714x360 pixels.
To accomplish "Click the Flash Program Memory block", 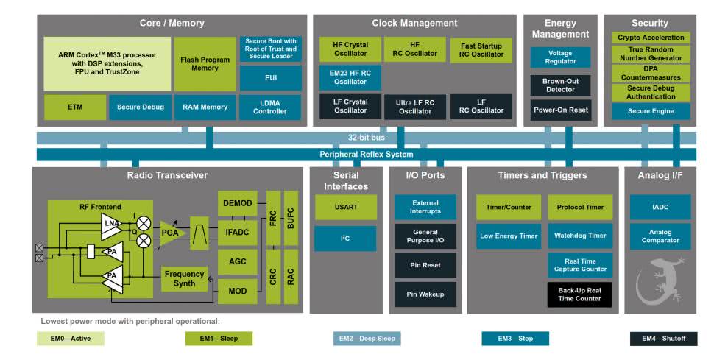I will (x=205, y=63).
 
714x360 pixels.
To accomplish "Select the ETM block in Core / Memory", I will (x=75, y=107).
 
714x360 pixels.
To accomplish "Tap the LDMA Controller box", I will (x=270, y=107).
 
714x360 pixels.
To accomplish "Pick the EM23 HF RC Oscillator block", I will (x=350, y=77).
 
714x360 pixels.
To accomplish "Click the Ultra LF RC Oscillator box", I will (x=414, y=107).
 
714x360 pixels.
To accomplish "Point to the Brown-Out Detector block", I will (x=559, y=85).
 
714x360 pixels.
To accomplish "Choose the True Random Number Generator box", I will (x=651, y=53).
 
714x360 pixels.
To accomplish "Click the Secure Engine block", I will (x=651, y=111).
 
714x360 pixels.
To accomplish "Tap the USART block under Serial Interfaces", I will (x=345, y=207).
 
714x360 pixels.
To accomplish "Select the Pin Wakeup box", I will (x=425, y=294).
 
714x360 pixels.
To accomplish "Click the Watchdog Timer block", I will (x=579, y=236).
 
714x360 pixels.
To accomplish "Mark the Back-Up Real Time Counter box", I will (x=579, y=294).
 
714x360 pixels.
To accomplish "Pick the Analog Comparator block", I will (x=660, y=236).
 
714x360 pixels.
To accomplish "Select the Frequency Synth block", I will (x=184, y=278).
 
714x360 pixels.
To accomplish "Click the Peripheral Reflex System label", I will (x=366, y=154).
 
